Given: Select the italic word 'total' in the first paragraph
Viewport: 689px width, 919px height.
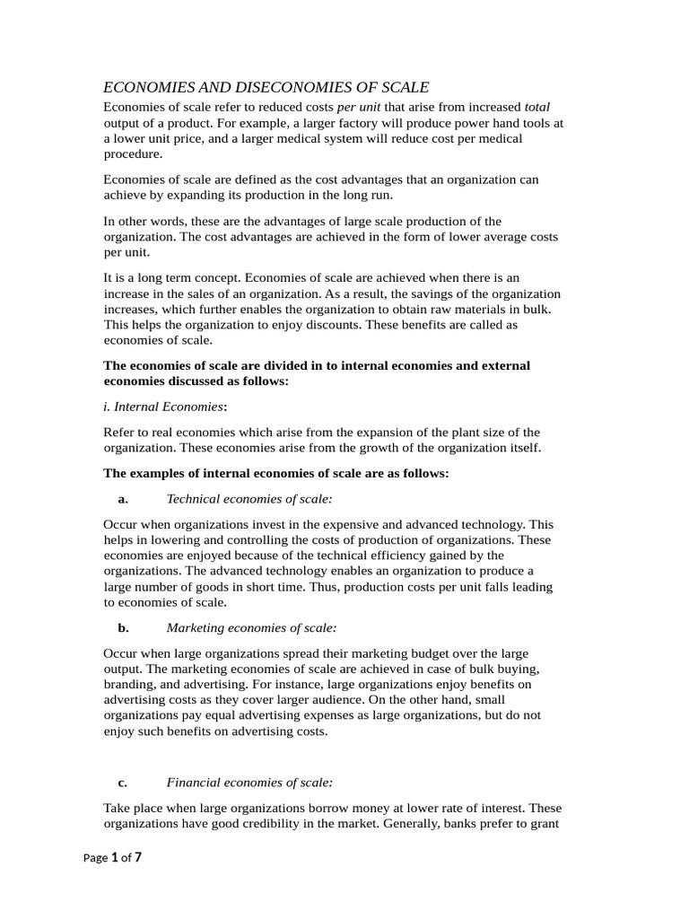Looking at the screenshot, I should (536, 106).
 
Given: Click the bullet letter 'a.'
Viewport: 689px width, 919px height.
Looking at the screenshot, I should (124, 498).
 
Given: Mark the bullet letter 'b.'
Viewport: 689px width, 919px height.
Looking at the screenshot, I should (124, 627).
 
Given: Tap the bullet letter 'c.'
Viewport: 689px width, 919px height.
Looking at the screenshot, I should (124, 782).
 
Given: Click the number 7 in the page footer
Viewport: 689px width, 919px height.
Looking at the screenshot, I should (137, 857).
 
